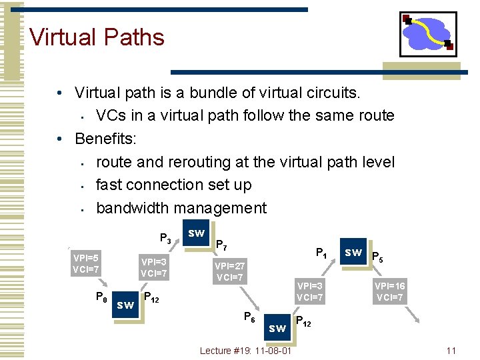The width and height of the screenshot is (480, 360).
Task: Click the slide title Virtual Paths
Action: click(x=97, y=37)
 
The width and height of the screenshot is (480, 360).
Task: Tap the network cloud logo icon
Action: click(x=428, y=34)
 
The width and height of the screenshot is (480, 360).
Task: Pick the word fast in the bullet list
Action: click(x=110, y=185)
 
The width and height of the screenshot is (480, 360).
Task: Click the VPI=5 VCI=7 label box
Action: click(x=86, y=264)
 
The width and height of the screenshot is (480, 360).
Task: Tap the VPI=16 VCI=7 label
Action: click(x=389, y=292)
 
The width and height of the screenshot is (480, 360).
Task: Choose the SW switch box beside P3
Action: click(x=196, y=233)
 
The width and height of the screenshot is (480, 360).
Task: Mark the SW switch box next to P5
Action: click(x=353, y=253)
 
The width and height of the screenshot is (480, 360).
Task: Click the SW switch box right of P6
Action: click(x=277, y=328)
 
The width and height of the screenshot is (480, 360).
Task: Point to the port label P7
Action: click(x=221, y=246)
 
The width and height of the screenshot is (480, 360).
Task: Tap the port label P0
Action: click(x=101, y=297)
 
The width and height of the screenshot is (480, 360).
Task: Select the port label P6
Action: click(x=249, y=317)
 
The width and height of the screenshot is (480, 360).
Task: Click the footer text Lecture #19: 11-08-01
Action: click(x=245, y=351)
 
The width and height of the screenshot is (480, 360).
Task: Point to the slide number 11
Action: click(x=451, y=351)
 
